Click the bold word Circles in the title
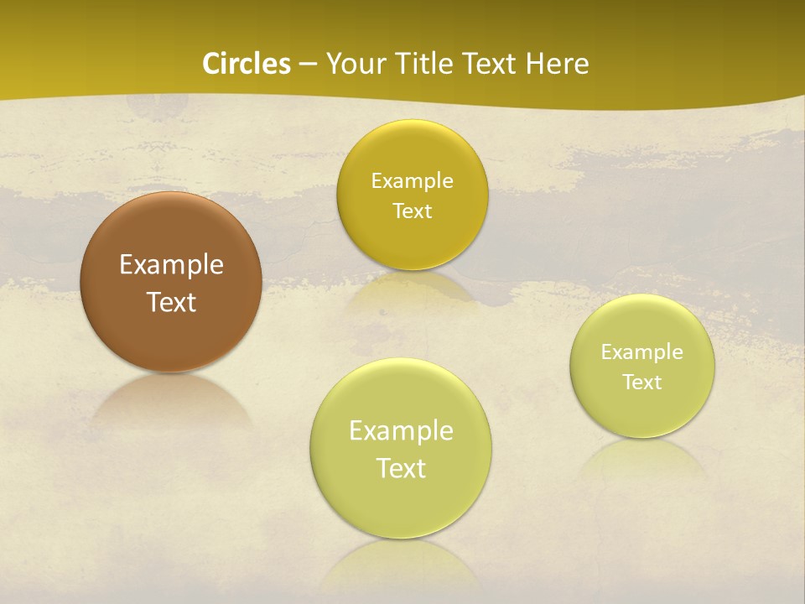pos(246,64)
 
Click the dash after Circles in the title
pos(308,65)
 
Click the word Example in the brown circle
pos(171,265)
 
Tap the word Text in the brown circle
pos(171,302)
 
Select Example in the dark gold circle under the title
pos(412,181)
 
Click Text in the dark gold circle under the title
pos(412,211)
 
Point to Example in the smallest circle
pos(641,352)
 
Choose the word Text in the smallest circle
pos(641,383)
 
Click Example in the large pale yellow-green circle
pos(401,431)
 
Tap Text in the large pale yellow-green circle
pos(401,468)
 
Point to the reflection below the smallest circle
pos(641,457)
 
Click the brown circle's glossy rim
pos(171,198)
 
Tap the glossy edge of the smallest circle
pos(641,299)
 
